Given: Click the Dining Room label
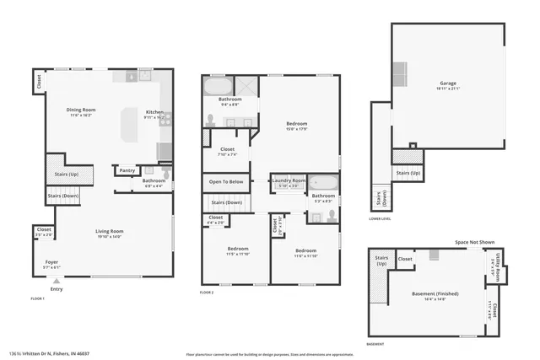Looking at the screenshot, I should [81, 110].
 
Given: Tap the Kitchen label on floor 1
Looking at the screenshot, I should [154, 112].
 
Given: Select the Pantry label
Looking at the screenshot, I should [127, 170].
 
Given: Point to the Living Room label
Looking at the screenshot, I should [109, 231].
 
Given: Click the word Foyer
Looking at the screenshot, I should [51, 262].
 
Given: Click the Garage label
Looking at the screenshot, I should [447, 83].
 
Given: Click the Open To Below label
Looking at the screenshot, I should [226, 181].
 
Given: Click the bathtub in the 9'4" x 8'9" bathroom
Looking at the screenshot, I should [218, 87].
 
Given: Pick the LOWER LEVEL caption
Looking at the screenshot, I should [380, 218].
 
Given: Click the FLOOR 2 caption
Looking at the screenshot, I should [207, 293].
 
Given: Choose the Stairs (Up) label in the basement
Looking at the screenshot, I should [381, 261].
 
